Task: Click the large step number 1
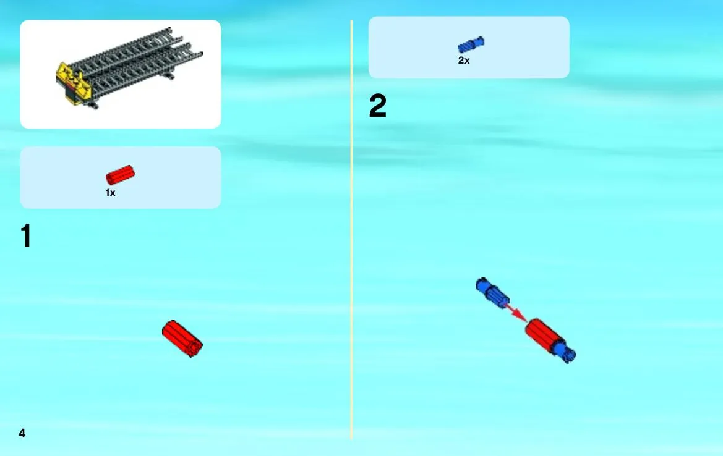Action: click(26, 236)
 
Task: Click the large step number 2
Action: click(378, 106)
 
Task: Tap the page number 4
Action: click(22, 433)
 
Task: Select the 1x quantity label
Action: click(111, 193)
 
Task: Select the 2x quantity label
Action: click(464, 61)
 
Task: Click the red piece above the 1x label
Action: click(121, 175)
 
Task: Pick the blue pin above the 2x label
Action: click(471, 44)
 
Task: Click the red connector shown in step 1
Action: click(182, 339)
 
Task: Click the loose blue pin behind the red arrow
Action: click(492, 292)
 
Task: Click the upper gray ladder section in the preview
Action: click(124, 51)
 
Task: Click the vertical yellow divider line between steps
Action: click(351, 229)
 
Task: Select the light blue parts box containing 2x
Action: click(469, 48)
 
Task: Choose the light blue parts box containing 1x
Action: click(121, 177)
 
